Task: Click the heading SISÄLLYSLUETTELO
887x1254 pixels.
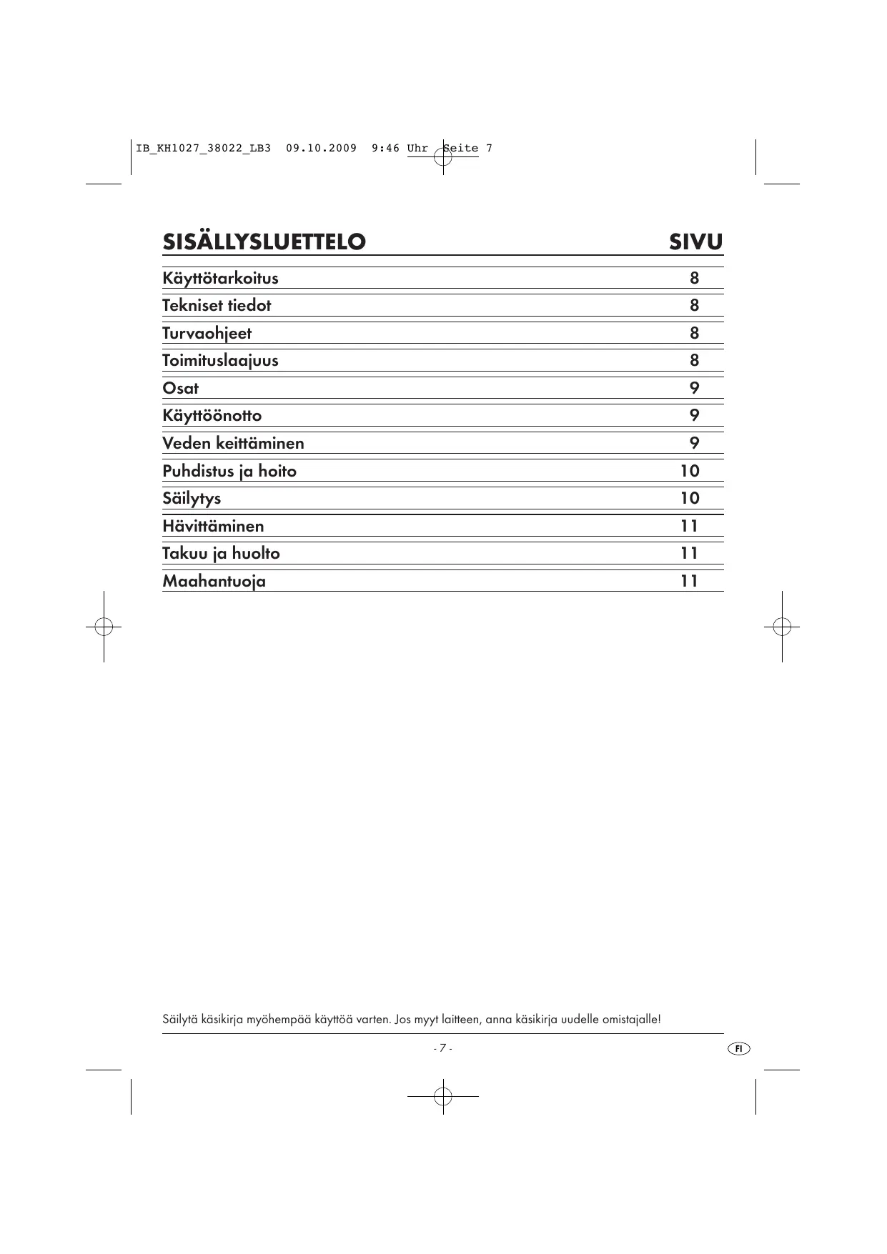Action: [x=264, y=242]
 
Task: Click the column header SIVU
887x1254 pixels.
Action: [x=695, y=242]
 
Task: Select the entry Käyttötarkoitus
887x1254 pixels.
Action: [x=220, y=278]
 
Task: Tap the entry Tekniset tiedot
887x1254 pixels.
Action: [x=217, y=305]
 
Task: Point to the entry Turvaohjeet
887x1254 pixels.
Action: [x=207, y=333]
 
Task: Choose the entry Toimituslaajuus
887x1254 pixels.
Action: [x=220, y=360]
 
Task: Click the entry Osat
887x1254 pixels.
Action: [x=180, y=388]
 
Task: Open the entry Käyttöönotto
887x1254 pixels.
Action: [x=212, y=415]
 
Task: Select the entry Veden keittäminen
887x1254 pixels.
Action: [x=233, y=443]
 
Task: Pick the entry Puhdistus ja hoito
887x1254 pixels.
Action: [x=229, y=471]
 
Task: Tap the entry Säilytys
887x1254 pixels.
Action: [x=192, y=498]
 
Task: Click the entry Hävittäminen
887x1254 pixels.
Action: [x=213, y=526]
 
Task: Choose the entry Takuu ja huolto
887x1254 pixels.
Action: [x=221, y=553]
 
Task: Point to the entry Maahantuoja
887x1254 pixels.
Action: [x=214, y=581]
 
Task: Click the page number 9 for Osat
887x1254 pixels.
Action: [x=694, y=388]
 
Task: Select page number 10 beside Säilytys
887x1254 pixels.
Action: [x=690, y=498]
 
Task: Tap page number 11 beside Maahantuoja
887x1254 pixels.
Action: [x=689, y=581]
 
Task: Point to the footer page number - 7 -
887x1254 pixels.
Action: [x=442, y=1048]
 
